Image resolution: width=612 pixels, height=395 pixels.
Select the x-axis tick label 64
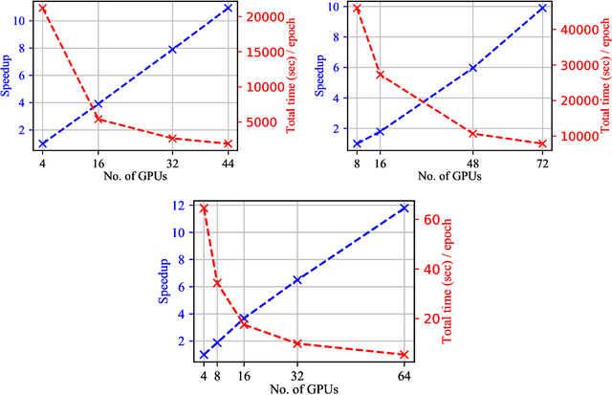coord(404,375)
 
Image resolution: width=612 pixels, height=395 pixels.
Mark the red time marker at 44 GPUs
coord(228,143)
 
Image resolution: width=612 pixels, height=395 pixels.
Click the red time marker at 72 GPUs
coord(541,143)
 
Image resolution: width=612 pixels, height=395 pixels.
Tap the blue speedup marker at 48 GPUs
coord(472,68)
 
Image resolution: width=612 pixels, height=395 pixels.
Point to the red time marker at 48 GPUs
coord(472,134)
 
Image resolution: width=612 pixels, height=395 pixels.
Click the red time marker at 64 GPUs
coord(404,354)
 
